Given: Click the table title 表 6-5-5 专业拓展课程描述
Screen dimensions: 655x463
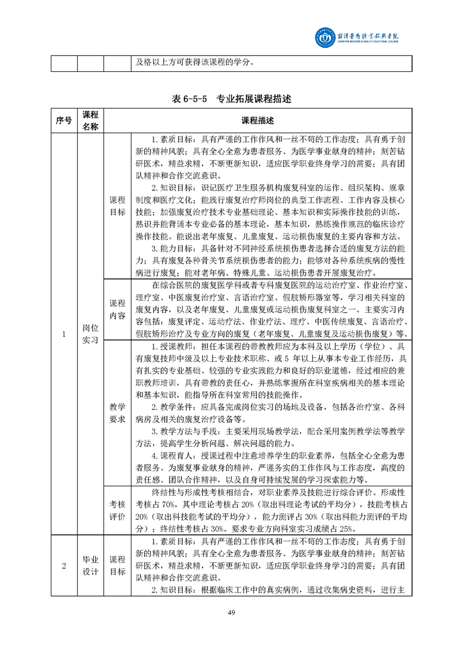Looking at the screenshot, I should tap(231, 99).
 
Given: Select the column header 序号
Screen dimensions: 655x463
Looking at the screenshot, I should tap(64, 121).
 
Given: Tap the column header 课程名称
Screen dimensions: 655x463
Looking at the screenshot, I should tap(90, 121).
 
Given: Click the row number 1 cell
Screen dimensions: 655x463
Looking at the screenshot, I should tap(64, 334).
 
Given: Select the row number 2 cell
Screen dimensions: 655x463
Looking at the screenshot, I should tap(64, 565).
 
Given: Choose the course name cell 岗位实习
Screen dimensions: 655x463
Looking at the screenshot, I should tap(90, 334).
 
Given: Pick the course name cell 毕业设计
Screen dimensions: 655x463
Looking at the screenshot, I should tap(90, 565).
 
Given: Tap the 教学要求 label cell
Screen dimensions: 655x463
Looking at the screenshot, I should tap(117, 413).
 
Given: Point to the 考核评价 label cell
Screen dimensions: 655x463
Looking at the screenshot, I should tap(117, 510).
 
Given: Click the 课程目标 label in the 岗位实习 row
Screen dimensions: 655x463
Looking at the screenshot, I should tap(117, 206).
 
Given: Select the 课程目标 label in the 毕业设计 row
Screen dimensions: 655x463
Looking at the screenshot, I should tap(117, 565).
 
